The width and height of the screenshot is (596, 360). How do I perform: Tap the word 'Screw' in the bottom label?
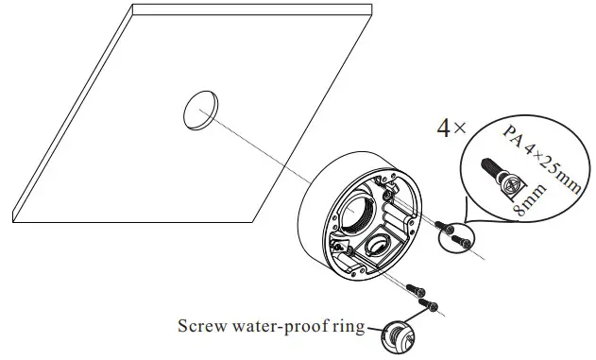200,328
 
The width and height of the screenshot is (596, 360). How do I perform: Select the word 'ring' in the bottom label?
346,328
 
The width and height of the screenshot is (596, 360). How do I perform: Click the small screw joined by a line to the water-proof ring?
431,306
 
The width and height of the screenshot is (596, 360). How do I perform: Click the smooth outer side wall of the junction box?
312,227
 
